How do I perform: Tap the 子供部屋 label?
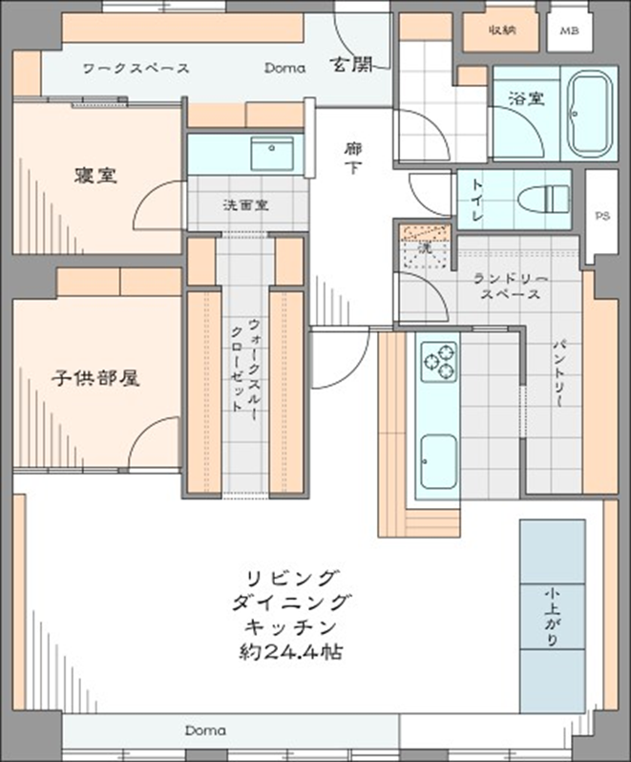point(95,378)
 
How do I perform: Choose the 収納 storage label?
point(502,30)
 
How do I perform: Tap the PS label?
point(602,216)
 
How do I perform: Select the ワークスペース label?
point(136,69)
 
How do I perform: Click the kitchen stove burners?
point(439,362)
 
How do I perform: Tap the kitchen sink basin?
point(438,461)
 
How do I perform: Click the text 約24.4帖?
point(291,654)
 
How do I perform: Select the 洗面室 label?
point(245,204)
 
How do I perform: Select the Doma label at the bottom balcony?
point(205,730)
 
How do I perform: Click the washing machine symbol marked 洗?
point(421,245)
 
